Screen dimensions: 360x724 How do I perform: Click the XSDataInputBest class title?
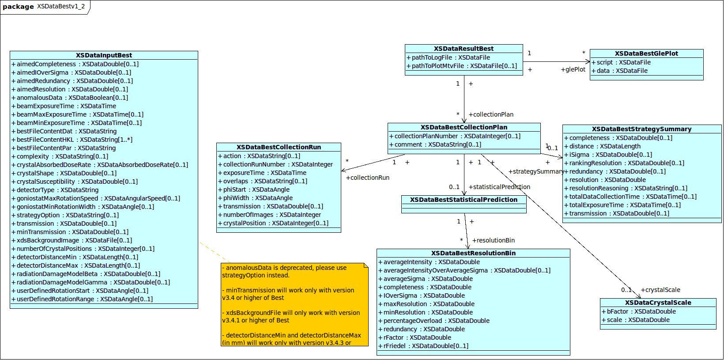(x=104, y=55)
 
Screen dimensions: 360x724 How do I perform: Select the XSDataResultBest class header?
(x=464, y=49)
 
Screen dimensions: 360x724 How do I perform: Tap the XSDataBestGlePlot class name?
(x=646, y=53)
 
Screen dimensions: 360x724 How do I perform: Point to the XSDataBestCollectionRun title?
(x=279, y=147)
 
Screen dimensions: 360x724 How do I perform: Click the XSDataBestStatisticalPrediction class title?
(x=464, y=200)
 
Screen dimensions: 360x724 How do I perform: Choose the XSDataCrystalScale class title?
(x=658, y=303)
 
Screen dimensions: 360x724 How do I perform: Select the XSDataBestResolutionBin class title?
(x=473, y=253)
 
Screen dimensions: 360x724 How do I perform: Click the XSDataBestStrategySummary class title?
(x=641, y=129)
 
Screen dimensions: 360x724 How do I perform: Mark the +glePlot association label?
(x=573, y=69)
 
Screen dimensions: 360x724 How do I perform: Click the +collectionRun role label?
(x=368, y=178)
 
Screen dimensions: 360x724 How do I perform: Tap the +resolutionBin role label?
(x=494, y=240)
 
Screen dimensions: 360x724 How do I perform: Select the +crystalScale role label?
(x=660, y=290)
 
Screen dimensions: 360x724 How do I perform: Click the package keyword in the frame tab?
(x=18, y=7)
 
